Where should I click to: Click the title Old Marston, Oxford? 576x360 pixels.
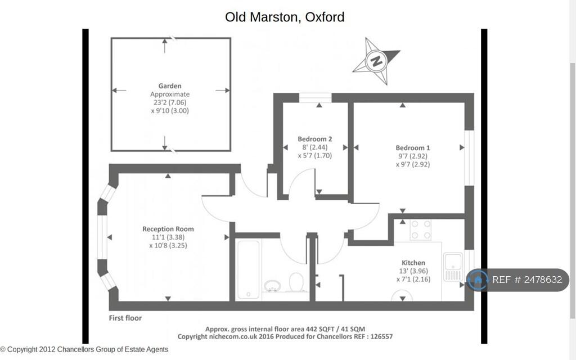click(x=285, y=17)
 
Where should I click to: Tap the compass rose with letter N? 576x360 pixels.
click(x=376, y=61)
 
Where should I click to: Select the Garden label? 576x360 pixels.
click(x=170, y=86)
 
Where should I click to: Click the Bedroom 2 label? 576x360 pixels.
click(x=315, y=139)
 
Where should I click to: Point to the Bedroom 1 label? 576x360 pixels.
click(x=412, y=148)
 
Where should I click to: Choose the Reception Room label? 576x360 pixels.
click(x=168, y=229)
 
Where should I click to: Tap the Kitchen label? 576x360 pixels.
click(x=413, y=263)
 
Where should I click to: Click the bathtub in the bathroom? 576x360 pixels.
click(x=248, y=269)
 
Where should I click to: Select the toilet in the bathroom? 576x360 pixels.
click(x=296, y=282)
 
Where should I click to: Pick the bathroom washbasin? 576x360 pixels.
click(x=272, y=285)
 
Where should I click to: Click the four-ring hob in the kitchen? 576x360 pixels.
click(x=421, y=229)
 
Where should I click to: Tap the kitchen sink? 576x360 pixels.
click(x=453, y=267)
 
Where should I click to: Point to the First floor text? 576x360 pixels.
click(x=125, y=318)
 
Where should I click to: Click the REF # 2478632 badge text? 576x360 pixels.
click(x=527, y=280)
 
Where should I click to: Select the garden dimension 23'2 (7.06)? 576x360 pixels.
click(x=170, y=102)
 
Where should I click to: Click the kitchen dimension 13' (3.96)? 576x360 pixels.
click(x=413, y=271)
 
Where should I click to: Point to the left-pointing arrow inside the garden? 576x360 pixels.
click(x=119, y=91)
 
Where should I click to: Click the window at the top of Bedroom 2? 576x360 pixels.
click(x=315, y=98)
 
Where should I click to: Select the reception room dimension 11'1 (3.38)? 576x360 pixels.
click(x=168, y=237)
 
